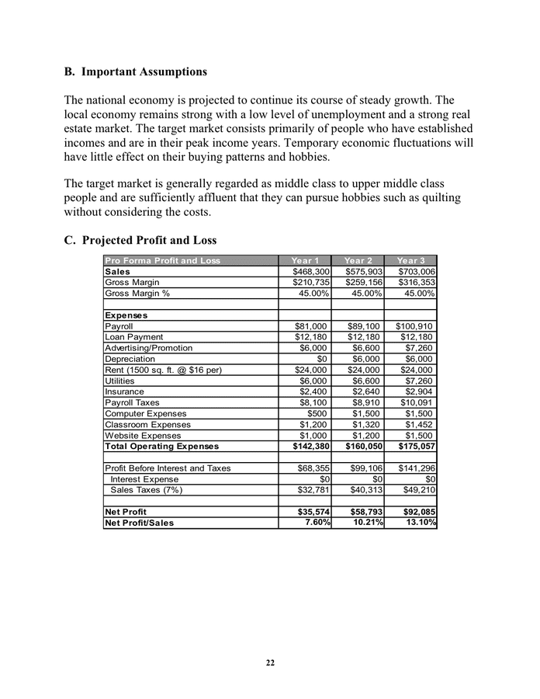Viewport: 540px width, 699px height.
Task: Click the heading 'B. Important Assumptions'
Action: click(x=136, y=72)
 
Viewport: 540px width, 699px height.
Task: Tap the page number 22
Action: click(x=270, y=662)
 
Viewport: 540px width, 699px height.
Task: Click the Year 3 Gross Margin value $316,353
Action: click(x=416, y=282)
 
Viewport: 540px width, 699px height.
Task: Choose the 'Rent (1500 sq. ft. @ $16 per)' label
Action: click(x=164, y=370)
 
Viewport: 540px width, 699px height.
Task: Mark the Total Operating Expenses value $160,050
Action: click(x=363, y=447)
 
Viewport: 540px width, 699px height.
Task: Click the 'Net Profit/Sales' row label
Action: click(x=140, y=523)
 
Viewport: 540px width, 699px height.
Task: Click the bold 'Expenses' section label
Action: click(x=126, y=315)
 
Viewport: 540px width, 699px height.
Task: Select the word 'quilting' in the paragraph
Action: click(x=438, y=197)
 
